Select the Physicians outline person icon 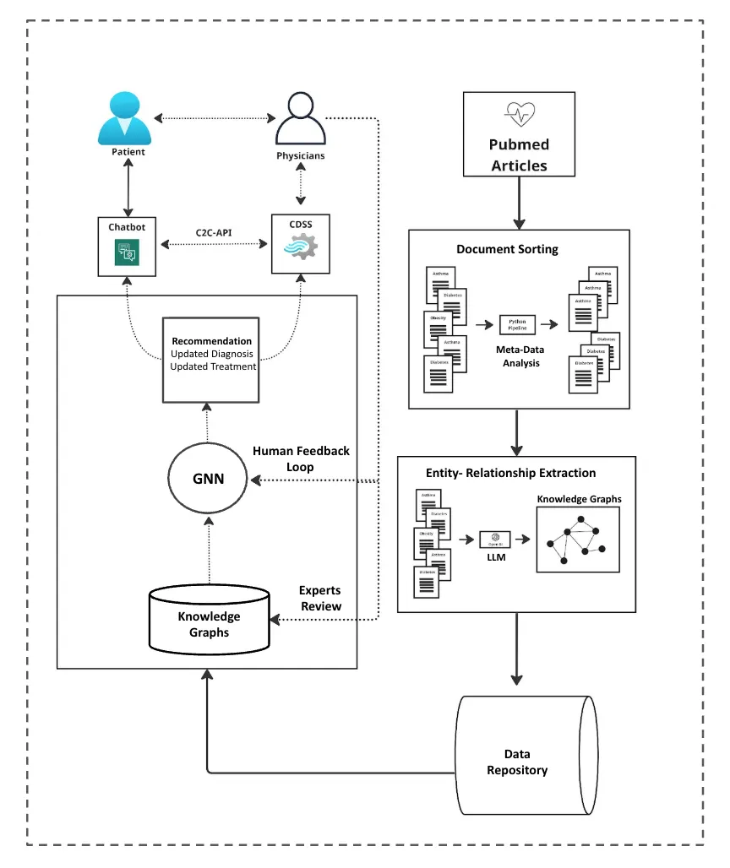click(301, 120)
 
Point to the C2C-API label click(214, 229)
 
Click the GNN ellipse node click(208, 478)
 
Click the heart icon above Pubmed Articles click(519, 112)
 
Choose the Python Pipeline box click(518, 324)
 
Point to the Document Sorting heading click(507, 249)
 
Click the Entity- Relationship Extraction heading click(510, 473)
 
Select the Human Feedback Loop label click(301, 459)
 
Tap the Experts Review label click(320, 599)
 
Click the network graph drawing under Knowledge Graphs click(578, 540)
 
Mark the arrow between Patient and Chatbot click(128, 188)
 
